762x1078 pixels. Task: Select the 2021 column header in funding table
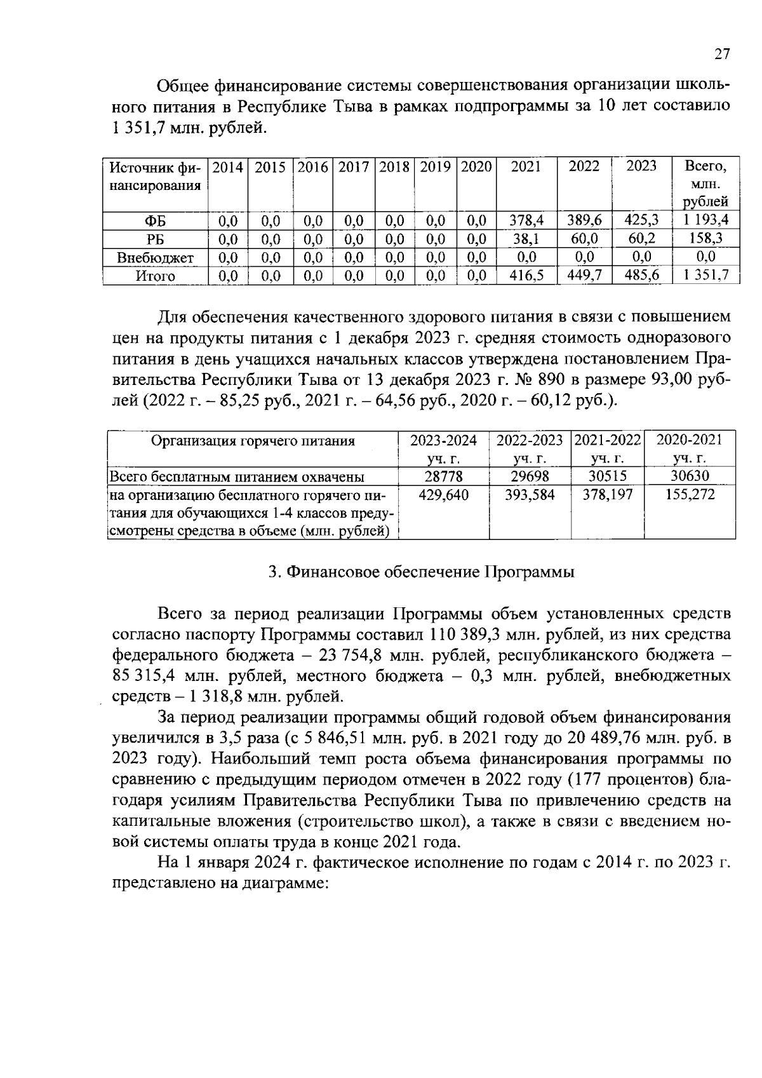tap(526, 166)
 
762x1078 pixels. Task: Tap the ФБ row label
tap(156, 221)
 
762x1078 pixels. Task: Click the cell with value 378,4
tap(526, 221)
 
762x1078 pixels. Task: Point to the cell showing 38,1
tap(526, 239)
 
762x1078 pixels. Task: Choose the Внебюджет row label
tap(156, 257)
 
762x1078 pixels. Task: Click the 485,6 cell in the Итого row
tap(641, 276)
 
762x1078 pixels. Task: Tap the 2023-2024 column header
tap(443, 440)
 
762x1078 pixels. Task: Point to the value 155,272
tap(690, 494)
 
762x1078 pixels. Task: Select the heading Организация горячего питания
tap(252, 440)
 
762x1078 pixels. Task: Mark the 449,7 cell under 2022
tap(584, 276)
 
